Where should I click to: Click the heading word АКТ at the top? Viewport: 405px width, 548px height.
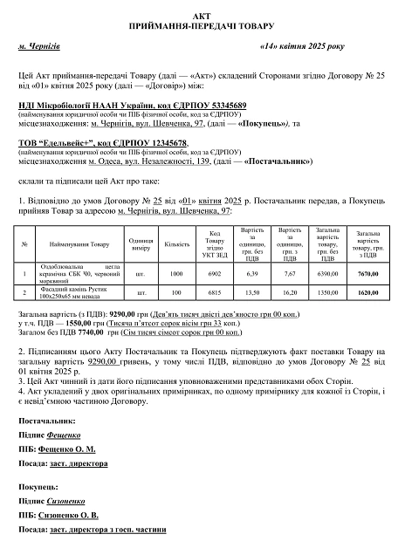[x=202, y=16]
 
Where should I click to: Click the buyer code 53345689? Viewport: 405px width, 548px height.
[x=196, y=106]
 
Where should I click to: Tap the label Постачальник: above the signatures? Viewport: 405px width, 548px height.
[x=47, y=421]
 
